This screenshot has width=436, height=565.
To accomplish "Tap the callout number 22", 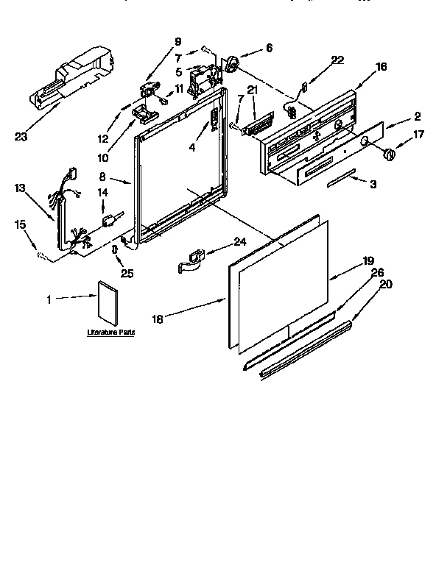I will [x=337, y=60].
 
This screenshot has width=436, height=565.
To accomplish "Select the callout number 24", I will [x=239, y=241].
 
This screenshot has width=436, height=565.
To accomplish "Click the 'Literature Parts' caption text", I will [x=110, y=333].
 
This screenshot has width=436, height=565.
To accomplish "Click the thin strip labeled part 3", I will [x=340, y=180].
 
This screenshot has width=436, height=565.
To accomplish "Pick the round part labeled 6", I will [x=232, y=65].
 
